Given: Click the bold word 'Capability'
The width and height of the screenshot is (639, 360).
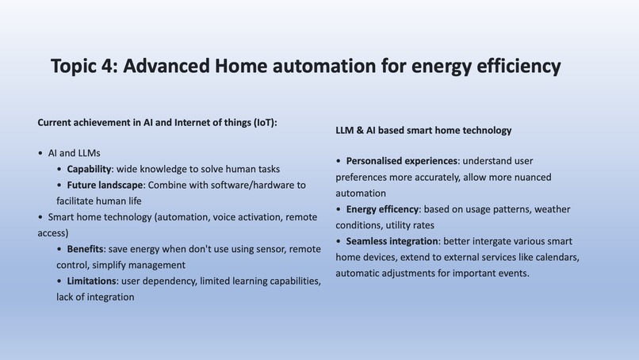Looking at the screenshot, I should (90, 169).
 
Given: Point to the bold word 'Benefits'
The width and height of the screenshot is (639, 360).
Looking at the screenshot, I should (85, 249).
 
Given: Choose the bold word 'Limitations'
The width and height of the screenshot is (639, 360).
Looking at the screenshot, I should (91, 281).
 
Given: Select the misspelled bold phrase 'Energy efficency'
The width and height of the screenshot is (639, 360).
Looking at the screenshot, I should (382, 209).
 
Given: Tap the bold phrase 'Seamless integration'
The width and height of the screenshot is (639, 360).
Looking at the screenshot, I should (392, 241).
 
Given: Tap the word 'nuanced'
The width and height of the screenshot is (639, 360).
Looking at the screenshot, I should (532, 177).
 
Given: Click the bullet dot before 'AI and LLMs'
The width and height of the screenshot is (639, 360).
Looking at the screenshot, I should (40, 153).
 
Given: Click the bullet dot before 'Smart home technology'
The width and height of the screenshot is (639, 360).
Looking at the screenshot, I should (40, 217).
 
